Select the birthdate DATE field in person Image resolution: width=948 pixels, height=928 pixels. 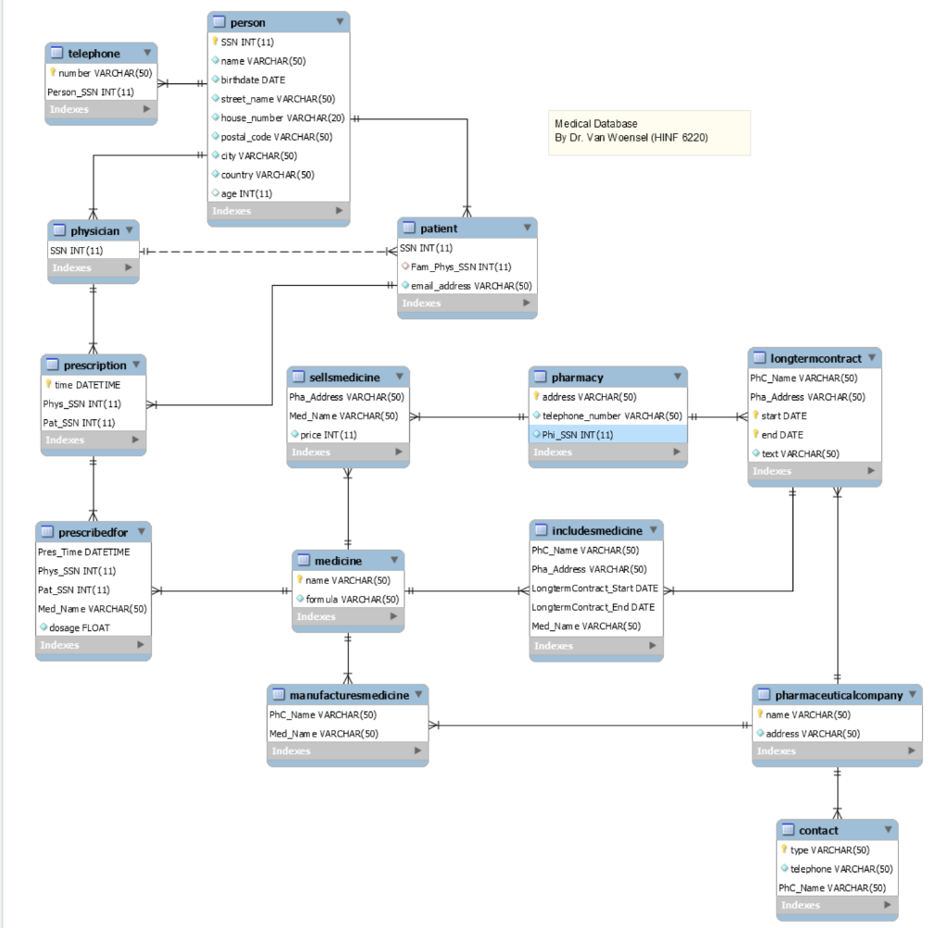(x=253, y=80)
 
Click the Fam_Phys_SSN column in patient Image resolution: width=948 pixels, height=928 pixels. (x=460, y=266)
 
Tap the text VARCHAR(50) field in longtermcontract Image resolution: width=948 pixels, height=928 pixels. (x=800, y=453)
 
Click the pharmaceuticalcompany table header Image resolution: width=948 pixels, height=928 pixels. (x=838, y=695)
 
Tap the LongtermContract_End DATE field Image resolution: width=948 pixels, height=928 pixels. (x=592, y=607)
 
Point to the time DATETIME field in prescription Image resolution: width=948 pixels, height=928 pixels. (x=86, y=385)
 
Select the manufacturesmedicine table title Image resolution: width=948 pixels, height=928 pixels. (x=348, y=695)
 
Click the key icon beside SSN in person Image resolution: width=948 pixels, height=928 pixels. (x=216, y=42)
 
